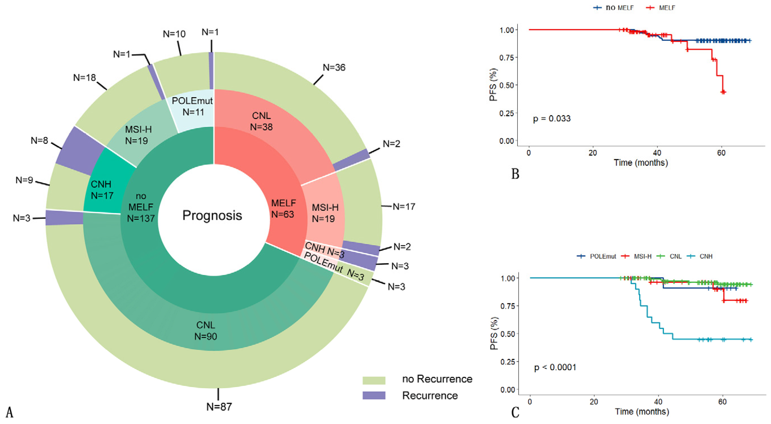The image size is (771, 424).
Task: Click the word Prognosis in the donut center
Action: tap(212, 215)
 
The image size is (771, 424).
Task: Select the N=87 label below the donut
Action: tap(219, 407)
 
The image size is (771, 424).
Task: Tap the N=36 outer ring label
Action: tap(334, 68)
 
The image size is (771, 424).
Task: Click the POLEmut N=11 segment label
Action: tap(193, 106)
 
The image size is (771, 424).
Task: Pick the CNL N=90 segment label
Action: tap(206, 331)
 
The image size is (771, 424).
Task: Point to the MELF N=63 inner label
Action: tap(283, 209)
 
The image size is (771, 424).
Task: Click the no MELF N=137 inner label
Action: tap(141, 207)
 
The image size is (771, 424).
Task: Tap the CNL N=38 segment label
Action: tap(261, 121)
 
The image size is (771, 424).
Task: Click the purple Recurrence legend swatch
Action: tap(374, 395)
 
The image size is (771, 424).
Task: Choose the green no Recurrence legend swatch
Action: tap(374, 380)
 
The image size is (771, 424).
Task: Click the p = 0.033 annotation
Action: tap(552, 119)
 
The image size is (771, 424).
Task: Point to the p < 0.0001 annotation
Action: tap(555, 367)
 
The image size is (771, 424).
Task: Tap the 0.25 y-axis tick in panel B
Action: tap(506, 113)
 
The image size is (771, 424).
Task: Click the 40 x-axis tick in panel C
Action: tap(658, 402)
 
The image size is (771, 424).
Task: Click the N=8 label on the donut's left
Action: tap(39, 140)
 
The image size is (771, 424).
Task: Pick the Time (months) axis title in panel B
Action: tap(641, 163)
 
